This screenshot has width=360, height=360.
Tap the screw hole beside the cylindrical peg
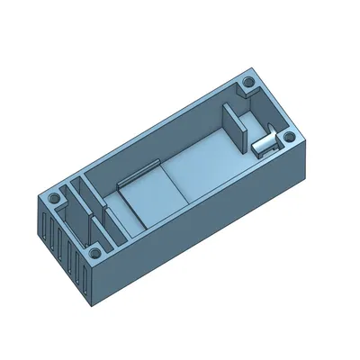(288, 137)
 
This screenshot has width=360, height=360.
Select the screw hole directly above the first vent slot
(53, 195)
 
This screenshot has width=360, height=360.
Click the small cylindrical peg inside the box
(264, 144)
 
